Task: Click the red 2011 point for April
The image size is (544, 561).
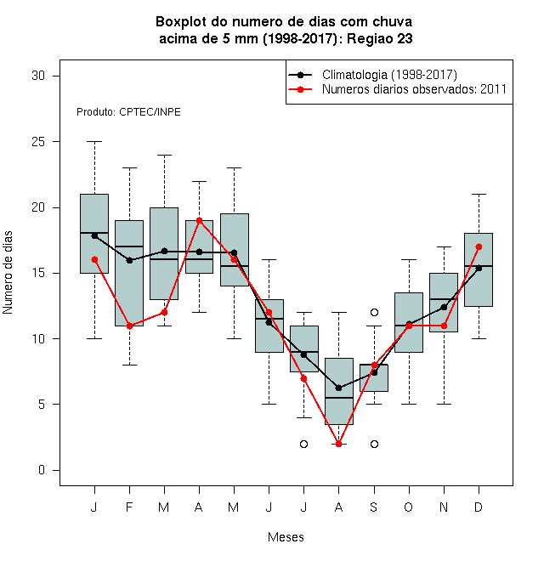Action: click(200, 220)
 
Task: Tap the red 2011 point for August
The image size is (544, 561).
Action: click(339, 444)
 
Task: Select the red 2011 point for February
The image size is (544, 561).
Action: click(129, 326)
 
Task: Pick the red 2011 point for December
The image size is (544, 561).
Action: click(479, 246)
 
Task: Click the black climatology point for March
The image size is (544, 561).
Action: click(164, 251)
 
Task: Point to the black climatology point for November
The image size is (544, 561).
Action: click(444, 307)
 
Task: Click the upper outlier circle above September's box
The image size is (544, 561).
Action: click(374, 312)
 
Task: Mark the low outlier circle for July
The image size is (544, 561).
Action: click(303, 444)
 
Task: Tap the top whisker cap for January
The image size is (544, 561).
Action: click(94, 142)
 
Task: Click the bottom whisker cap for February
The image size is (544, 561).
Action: click(129, 365)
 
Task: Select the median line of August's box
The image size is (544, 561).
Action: click(339, 398)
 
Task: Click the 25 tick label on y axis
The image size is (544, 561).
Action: click(38, 142)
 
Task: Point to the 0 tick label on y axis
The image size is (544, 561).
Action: click(42, 470)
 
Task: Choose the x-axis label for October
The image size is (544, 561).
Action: click(408, 507)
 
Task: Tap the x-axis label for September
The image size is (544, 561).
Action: click(374, 507)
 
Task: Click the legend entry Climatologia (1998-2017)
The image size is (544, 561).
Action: click(389, 75)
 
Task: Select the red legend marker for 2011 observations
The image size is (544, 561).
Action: click(300, 89)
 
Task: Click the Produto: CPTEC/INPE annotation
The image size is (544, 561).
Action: click(128, 112)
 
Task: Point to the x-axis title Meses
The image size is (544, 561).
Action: click(286, 537)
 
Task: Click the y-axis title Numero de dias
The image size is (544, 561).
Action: click(8, 273)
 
